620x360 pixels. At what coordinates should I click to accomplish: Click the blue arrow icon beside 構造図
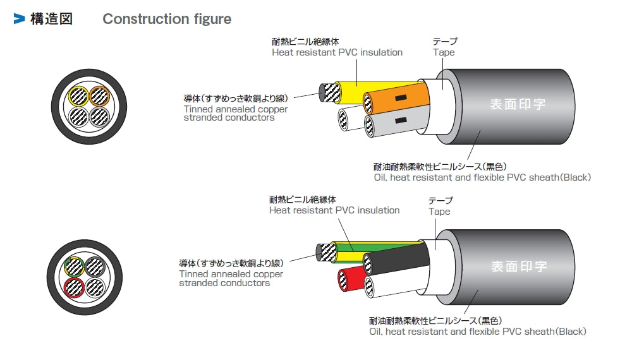coord(19,19)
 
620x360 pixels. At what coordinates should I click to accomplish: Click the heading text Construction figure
coord(167,19)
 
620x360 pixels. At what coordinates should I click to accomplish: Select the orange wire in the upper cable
coord(398,99)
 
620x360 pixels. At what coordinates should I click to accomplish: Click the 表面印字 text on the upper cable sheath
coord(518,104)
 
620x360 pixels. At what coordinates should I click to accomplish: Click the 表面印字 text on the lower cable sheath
coord(518,266)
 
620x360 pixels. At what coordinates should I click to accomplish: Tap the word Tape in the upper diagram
coord(444,52)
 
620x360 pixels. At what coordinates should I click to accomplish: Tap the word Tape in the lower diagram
coord(439,212)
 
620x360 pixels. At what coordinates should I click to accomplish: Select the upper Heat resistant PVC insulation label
coord(337,52)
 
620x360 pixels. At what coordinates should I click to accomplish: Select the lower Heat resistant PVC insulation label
coord(334,210)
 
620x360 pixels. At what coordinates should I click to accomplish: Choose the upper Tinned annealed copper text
coord(235,109)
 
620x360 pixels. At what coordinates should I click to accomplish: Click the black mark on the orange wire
coord(399,99)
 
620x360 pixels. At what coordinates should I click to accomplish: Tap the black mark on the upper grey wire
coord(399,120)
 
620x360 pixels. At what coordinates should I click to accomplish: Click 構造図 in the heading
coord(51,19)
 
